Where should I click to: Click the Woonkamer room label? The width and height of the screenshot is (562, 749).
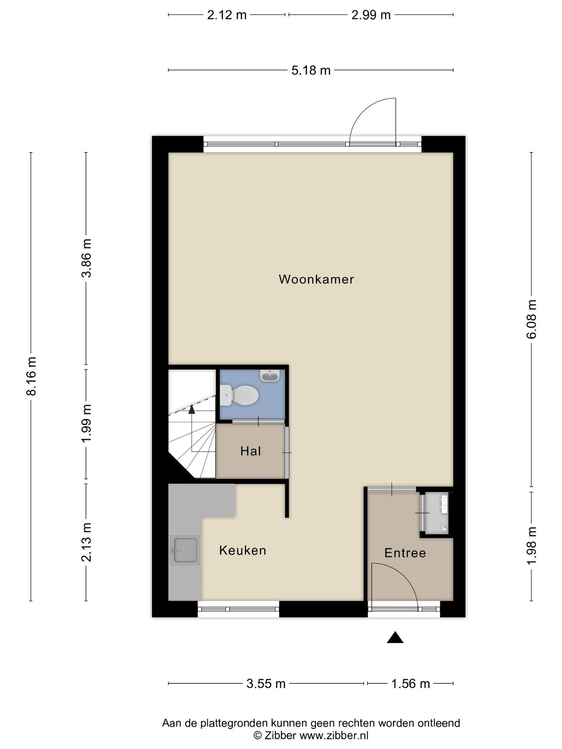316,279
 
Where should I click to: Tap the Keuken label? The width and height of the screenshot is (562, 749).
243,550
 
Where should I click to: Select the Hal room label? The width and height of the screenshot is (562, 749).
251,451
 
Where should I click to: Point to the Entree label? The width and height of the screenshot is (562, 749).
405,553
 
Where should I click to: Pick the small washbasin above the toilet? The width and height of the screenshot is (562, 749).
270,375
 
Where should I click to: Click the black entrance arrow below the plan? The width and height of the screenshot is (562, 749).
395,637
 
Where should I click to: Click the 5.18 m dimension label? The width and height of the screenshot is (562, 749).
311,70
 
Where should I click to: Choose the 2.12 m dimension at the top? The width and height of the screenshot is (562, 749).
227,15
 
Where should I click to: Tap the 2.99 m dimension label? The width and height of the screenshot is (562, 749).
371,15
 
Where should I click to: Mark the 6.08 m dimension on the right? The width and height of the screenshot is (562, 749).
531,319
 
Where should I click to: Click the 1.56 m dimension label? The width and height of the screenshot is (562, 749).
411,684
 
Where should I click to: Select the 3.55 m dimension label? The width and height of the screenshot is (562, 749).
266,684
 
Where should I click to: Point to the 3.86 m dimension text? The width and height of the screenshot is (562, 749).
86,258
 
